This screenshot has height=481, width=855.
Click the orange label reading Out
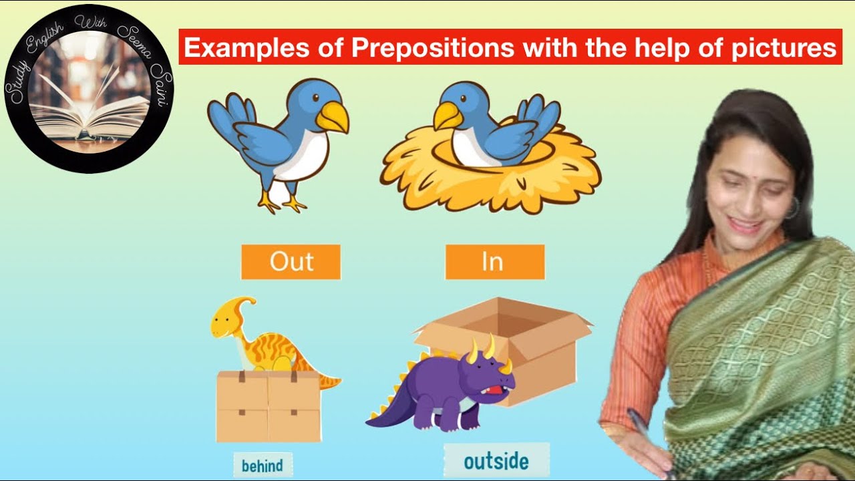(x=291, y=262)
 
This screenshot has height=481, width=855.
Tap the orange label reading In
(x=494, y=262)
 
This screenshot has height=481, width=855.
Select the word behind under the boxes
(x=263, y=466)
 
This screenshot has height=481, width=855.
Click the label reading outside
(x=496, y=461)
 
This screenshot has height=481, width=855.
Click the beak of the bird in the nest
(x=447, y=118)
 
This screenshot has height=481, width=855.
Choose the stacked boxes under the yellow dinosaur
(x=269, y=406)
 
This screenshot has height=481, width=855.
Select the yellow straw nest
(x=491, y=177)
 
